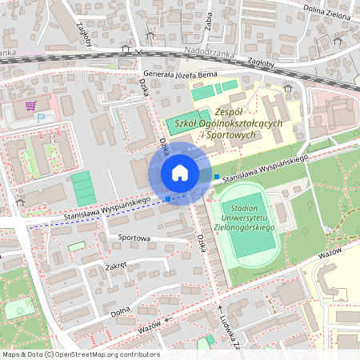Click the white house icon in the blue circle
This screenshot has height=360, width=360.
tap(180, 173)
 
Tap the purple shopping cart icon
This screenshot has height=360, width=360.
tap(30, 106)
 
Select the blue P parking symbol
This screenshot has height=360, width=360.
tap(41, 118)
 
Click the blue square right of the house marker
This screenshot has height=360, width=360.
tap(216, 176)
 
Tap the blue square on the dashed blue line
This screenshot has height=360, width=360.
tap(167, 198)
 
